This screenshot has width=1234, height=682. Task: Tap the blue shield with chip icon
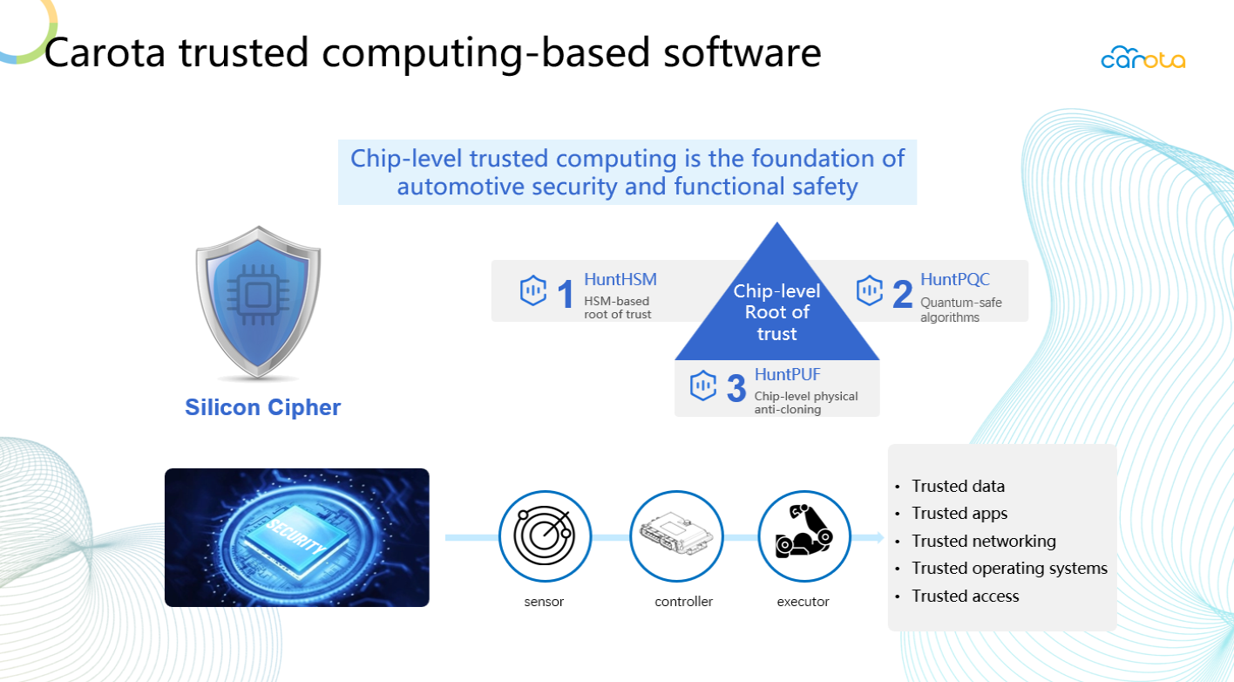tap(258, 302)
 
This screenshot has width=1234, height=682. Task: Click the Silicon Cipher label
tap(263, 407)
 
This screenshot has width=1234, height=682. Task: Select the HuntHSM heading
tap(620, 280)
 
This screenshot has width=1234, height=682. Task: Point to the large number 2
tap(902, 294)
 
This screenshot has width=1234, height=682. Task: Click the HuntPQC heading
tap(955, 280)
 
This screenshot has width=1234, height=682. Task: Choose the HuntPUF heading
tap(787, 374)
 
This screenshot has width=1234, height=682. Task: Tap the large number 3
tap(736, 388)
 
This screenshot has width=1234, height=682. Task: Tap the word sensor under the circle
tap(544, 602)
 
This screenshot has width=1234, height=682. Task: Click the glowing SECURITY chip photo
tap(297, 537)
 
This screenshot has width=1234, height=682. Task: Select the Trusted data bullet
tap(958, 487)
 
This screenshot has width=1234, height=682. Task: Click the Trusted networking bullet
tap(983, 541)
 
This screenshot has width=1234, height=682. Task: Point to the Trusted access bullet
tap(966, 596)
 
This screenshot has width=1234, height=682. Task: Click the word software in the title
tap(742, 53)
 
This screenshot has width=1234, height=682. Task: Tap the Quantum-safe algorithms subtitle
tap(960, 310)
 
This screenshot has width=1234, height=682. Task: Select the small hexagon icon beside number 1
tap(532, 290)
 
